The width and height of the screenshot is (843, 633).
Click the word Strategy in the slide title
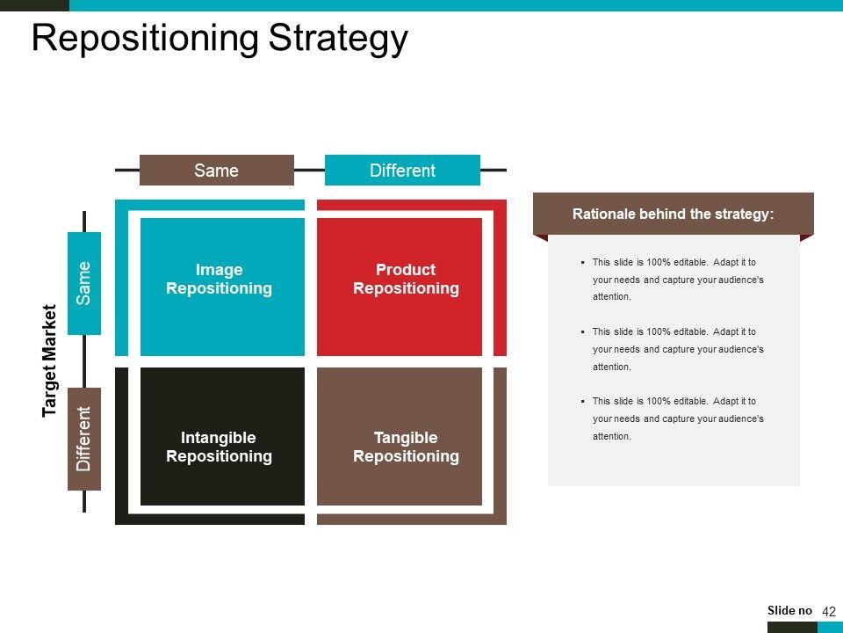coord(338,39)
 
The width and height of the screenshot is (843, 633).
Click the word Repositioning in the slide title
coord(145,39)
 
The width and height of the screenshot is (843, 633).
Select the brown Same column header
coord(217,170)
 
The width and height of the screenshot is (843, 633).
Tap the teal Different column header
coord(402,170)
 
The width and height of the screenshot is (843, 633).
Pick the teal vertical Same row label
coord(84,283)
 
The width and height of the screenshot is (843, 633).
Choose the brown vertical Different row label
coord(84,439)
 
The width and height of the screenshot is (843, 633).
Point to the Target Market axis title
coord(49,360)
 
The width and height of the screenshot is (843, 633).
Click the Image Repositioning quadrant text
coord(219,279)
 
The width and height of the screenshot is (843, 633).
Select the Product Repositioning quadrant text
coord(406,279)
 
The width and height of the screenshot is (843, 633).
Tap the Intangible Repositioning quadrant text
coord(219,447)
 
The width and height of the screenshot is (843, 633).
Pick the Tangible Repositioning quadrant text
coord(406,447)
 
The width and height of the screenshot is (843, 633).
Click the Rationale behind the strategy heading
coord(674,215)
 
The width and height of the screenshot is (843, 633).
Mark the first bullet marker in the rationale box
coord(583,263)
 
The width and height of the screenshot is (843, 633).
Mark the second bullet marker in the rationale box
coord(583,332)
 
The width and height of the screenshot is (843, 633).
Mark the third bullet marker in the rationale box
coord(583,402)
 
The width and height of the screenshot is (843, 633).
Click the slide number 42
coord(829,612)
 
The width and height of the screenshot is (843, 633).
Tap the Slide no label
coord(789,610)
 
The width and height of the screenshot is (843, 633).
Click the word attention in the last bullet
coord(612,437)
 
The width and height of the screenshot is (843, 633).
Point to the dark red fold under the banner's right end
coord(806,238)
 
